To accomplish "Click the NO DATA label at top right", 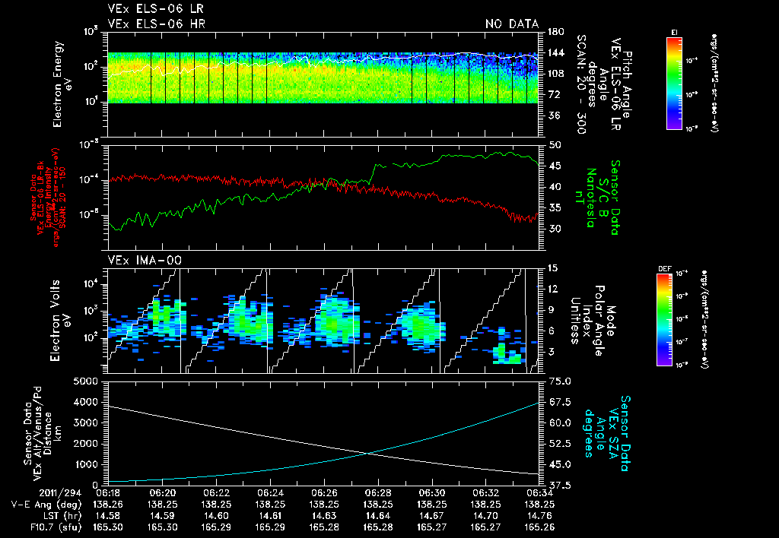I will coord(511,24).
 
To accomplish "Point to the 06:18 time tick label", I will coord(109,492).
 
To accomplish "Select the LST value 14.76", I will coord(539,514).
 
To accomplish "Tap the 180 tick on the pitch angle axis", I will coord(554,31).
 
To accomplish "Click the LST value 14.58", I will coord(109,514).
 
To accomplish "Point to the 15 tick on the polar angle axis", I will coord(552,267).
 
